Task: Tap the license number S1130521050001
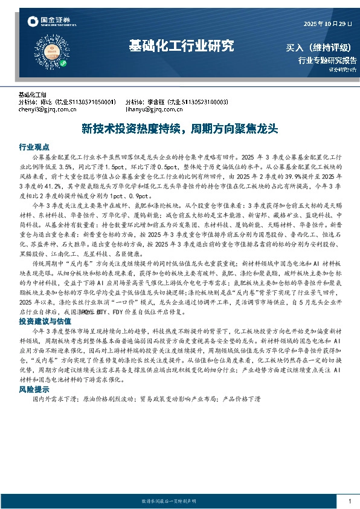[90, 102]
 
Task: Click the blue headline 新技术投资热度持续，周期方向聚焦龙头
[179, 129]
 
